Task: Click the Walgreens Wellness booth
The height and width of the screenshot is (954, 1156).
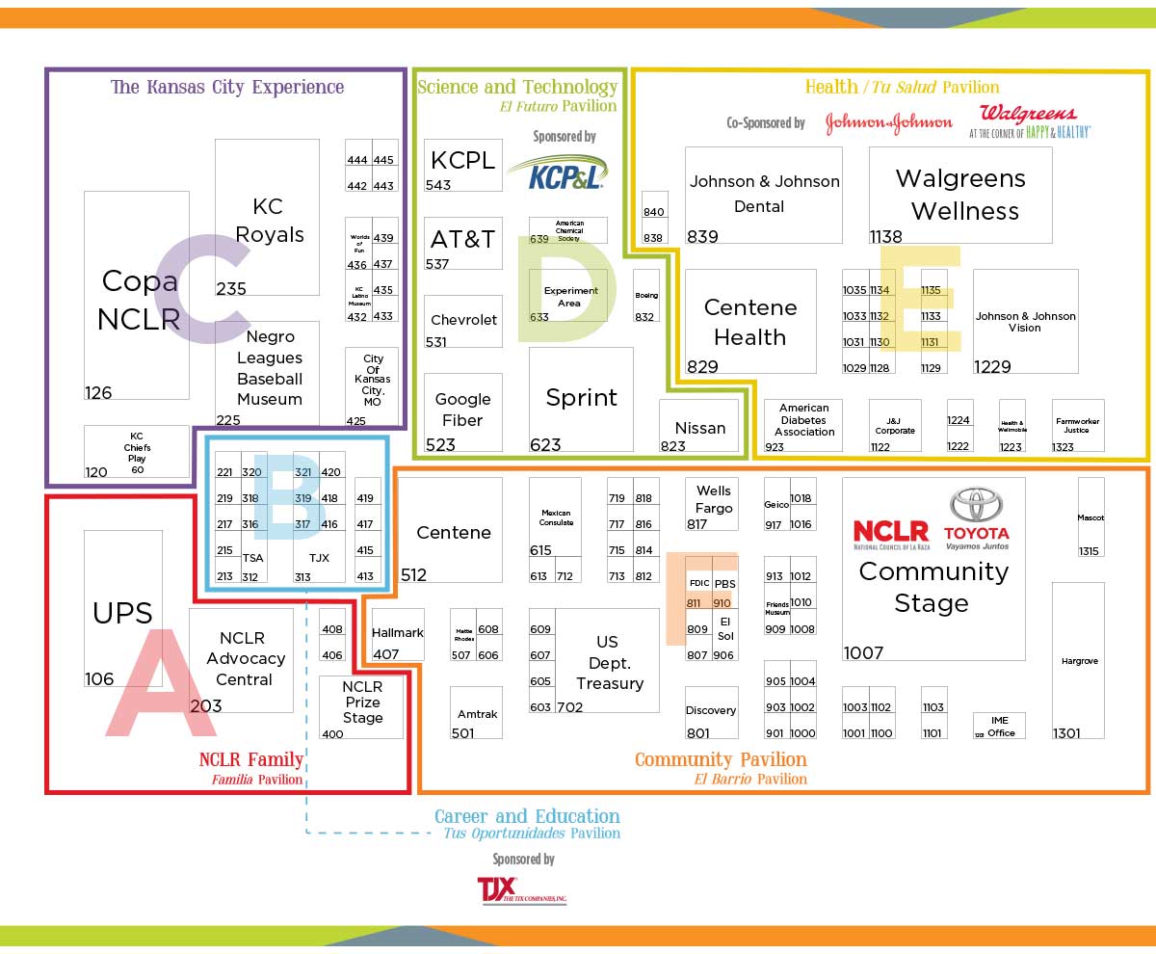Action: click(959, 195)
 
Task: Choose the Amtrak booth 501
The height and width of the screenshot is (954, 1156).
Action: click(477, 712)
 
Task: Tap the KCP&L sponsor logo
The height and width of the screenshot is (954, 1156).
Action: click(557, 172)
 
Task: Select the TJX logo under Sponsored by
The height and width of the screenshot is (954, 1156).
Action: click(521, 889)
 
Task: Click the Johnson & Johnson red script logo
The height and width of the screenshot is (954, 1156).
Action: click(888, 122)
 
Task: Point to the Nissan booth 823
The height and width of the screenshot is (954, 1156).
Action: click(699, 426)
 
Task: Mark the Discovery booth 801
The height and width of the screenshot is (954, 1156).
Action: click(711, 712)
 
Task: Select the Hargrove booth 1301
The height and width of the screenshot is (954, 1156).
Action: click(1078, 660)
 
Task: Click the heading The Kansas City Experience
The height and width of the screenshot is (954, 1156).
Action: click(227, 87)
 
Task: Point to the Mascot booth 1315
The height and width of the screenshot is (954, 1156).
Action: click(1090, 517)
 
